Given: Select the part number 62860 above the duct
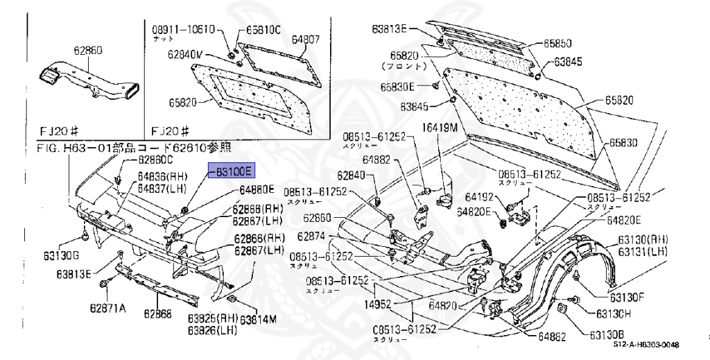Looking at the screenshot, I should [88, 51].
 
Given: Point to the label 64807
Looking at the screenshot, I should [305, 40].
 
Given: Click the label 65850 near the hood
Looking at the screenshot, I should [557, 43].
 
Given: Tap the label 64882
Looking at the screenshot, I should [379, 160].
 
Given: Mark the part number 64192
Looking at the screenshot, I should [479, 197].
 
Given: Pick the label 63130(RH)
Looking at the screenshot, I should [649, 240].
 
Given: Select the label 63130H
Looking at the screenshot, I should [607, 314].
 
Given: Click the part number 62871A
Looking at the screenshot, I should [107, 308].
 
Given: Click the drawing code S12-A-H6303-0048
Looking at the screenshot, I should [646, 345].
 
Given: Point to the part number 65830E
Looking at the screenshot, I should [397, 87].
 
